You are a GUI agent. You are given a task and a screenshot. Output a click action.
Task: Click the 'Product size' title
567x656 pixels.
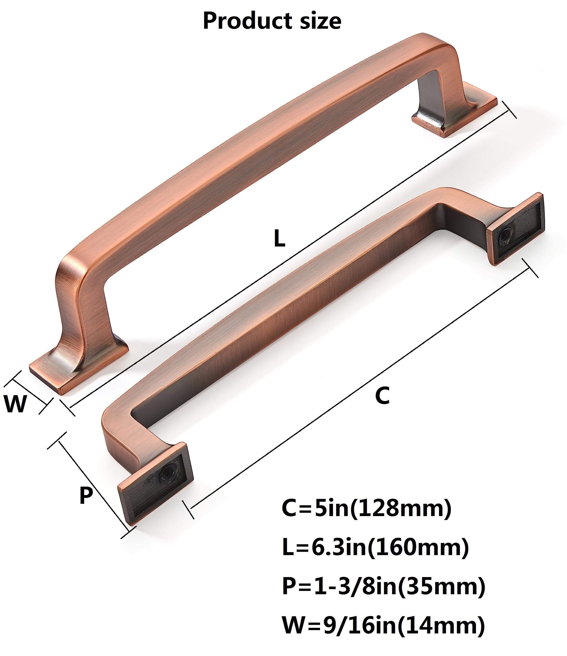[272, 21]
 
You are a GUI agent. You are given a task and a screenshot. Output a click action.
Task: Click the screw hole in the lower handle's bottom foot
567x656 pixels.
[164, 475]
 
